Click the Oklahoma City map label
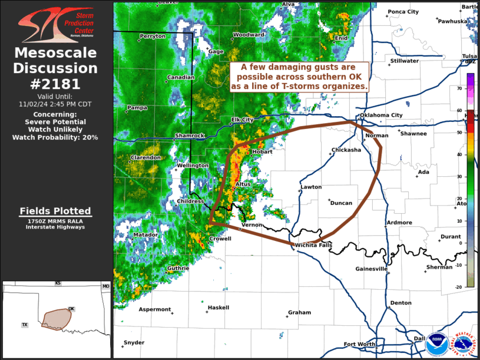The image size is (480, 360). point(381,115)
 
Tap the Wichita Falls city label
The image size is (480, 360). point(314,245)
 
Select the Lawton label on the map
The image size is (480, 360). point(311,187)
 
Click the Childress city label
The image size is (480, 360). point(191,202)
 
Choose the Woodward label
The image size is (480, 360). point(249,35)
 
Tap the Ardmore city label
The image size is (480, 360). point(399,223)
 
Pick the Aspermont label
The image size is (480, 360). point(155,309)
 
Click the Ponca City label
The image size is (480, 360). point(403,12)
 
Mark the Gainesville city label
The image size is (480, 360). point(372,269)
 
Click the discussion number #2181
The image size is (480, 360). point(55,84)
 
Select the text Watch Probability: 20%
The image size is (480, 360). point(55,137)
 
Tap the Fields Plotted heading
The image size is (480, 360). point(55,211)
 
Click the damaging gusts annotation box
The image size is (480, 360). point(300,77)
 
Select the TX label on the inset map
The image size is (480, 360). point(25,325)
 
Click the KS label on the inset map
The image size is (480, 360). point(58,283)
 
